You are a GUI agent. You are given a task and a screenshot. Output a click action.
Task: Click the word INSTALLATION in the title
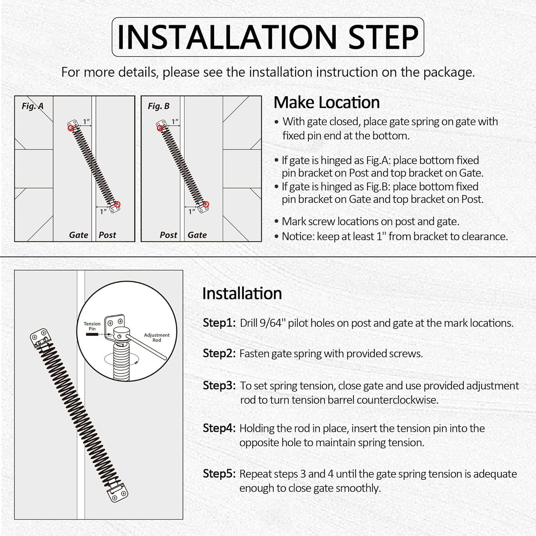pyautogui.click(x=227, y=37)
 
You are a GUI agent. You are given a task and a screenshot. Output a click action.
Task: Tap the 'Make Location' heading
pyautogui.click(x=327, y=103)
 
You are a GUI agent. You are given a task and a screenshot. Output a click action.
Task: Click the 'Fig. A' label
pyautogui.click(x=33, y=106)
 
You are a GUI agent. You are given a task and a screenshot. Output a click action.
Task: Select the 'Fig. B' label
pyautogui.click(x=159, y=106)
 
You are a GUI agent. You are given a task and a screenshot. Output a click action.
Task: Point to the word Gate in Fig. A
pyautogui.click(x=79, y=235)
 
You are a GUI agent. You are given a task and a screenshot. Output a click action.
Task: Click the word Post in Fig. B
pyautogui.click(x=168, y=235)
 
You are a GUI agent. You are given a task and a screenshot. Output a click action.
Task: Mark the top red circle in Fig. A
pyautogui.click(x=71, y=128)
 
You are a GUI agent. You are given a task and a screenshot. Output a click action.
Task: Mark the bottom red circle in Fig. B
pyautogui.click(x=206, y=205)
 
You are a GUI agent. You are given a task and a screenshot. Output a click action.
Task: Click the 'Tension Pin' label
pyautogui.click(x=92, y=326)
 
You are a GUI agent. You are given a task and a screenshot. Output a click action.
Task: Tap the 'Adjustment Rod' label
pyautogui.click(x=157, y=337)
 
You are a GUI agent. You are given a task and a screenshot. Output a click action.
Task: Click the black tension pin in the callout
pyautogui.click(x=92, y=334)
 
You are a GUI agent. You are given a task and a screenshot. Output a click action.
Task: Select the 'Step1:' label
pyautogui.click(x=219, y=323)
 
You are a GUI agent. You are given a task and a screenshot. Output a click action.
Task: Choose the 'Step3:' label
pyautogui.click(x=219, y=386)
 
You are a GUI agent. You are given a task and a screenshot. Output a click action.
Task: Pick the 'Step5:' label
pyautogui.click(x=219, y=474)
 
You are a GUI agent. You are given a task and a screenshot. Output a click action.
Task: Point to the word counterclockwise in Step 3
pyautogui.click(x=397, y=400)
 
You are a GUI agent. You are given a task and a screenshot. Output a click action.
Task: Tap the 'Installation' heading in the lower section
pyautogui.click(x=242, y=293)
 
